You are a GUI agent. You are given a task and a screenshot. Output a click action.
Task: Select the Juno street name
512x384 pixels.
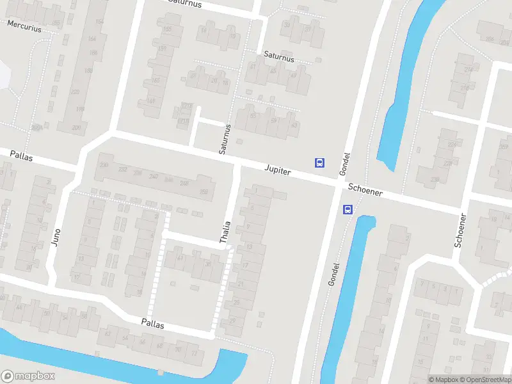click(x=57, y=238)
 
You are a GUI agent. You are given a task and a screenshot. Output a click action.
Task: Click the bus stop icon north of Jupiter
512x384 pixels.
click(x=319, y=163)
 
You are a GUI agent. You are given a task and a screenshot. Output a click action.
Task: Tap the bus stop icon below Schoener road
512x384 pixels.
click(x=348, y=209)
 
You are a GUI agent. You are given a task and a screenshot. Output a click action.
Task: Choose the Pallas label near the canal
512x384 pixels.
click(x=153, y=325)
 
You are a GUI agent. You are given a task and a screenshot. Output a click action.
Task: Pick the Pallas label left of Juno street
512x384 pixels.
click(x=21, y=156)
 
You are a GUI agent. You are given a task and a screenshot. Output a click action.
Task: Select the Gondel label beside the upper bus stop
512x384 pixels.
click(x=346, y=163)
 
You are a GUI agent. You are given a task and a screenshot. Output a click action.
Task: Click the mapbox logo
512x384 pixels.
click(x=28, y=376)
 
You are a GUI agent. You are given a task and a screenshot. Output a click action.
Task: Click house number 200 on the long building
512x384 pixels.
click(x=77, y=127)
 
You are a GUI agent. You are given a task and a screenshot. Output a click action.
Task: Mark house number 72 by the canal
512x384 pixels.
click(x=195, y=353)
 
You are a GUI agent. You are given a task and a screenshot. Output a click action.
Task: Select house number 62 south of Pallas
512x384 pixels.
click(x=108, y=333)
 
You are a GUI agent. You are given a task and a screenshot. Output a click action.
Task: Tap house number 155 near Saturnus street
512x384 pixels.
click(x=168, y=29)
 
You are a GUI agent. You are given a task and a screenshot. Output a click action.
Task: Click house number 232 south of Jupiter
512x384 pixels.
click(x=122, y=171)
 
